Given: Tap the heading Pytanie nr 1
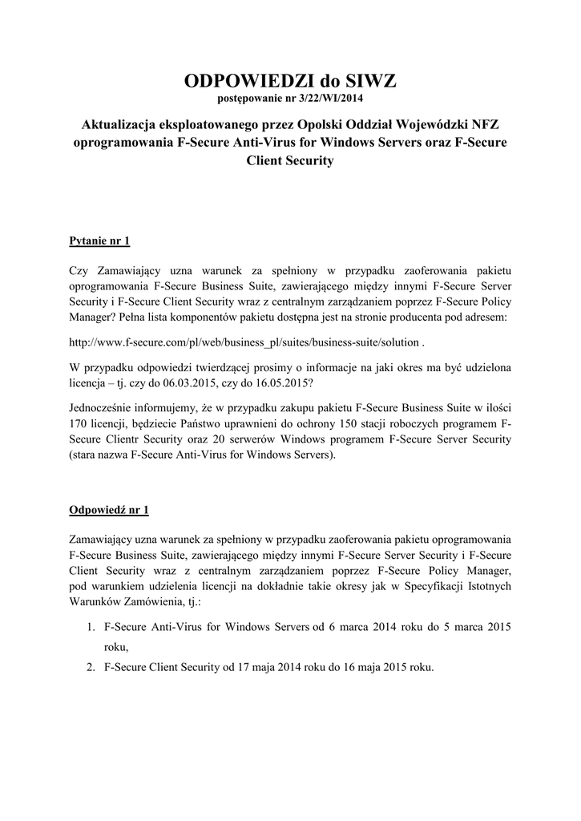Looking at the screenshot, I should point(99,241).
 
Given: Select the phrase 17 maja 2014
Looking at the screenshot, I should point(269,665).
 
